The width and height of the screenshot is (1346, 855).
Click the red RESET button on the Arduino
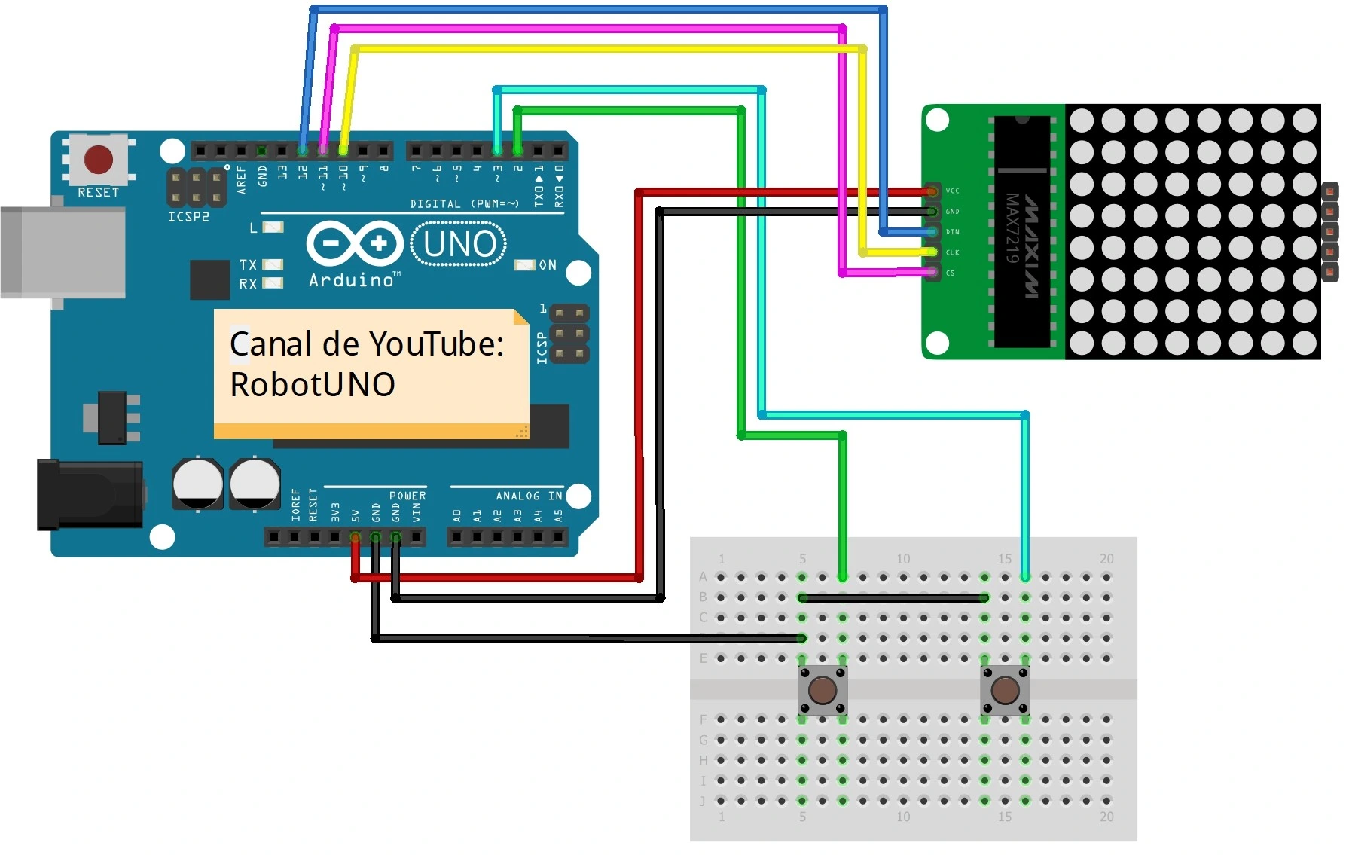(x=99, y=160)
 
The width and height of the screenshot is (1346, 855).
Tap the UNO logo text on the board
(x=459, y=244)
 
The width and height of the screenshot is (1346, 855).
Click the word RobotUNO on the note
(x=313, y=384)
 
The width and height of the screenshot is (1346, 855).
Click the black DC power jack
(x=90, y=494)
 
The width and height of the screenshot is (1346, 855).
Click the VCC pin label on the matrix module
(x=953, y=191)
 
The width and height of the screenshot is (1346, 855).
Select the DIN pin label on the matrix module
(x=953, y=232)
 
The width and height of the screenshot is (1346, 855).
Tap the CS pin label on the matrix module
(x=951, y=273)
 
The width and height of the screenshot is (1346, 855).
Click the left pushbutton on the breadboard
(x=822, y=690)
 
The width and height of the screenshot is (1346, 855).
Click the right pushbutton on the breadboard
(x=1005, y=690)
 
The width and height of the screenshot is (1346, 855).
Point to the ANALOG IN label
(x=529, y=496)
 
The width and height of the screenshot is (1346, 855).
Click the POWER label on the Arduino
(x=407, y=496)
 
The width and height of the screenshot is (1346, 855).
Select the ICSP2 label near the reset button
(x=188, y=217)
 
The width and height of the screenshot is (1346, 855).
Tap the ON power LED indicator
(x=524, y=265)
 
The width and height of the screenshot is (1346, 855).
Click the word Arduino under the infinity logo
(x=352, y=280)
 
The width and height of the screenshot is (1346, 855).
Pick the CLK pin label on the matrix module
(x=953, y=252)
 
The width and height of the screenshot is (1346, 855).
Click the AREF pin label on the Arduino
(x=242, y=180)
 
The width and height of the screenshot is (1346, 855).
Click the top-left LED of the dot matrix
(x=1082, y=121)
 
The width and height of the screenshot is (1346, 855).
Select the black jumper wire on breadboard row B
(x=893, y=597)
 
